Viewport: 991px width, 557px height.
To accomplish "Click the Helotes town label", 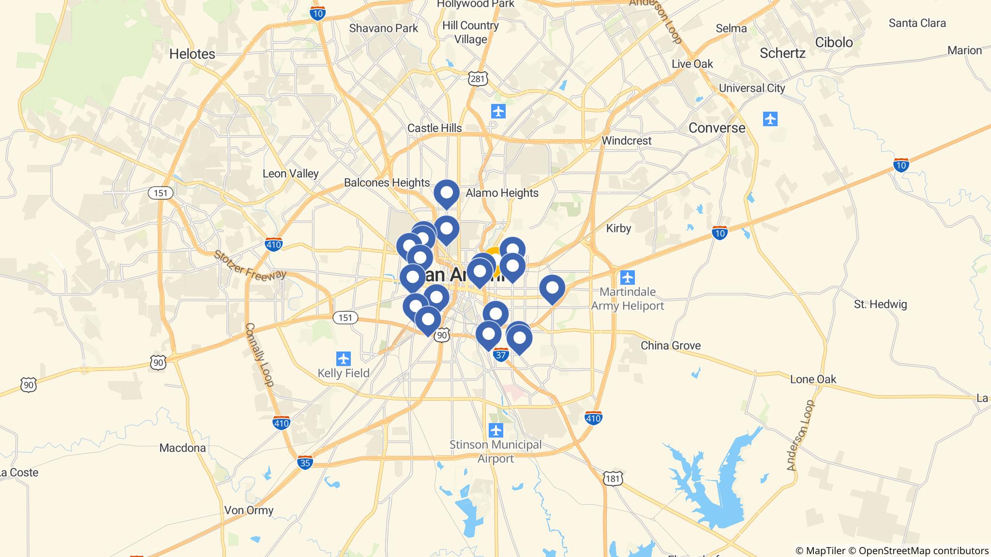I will pos(192,54).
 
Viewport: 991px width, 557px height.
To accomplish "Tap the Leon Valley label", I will pos(290,174).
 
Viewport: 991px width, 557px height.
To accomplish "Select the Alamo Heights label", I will pos(502,193).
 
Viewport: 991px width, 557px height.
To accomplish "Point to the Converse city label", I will pos(717,128).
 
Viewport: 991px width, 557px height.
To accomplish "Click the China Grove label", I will pos(670,345).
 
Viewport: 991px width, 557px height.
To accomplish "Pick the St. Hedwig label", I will pos(880,304).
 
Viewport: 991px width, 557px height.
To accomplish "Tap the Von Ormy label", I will pos(249,510).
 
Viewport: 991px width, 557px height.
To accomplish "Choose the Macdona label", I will pos(182,448).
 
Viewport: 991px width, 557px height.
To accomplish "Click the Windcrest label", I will pos(626,141).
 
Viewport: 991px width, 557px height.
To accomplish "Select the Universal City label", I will pos(751,88).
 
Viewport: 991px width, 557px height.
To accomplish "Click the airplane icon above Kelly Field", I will pos(344,359).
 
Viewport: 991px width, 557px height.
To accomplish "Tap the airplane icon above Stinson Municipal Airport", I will pos(495,429).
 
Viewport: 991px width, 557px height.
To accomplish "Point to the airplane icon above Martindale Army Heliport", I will pos(627,278).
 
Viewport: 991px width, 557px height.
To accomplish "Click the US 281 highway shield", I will pos(478,79).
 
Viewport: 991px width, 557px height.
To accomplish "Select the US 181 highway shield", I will pos(612,479).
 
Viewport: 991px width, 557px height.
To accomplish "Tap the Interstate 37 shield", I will pos(501,355).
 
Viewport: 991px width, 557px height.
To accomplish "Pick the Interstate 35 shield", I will pos(305,462).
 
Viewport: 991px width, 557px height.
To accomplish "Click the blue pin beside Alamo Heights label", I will pos(446,193).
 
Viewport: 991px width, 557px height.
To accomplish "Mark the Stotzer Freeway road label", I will pos(250,265).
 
